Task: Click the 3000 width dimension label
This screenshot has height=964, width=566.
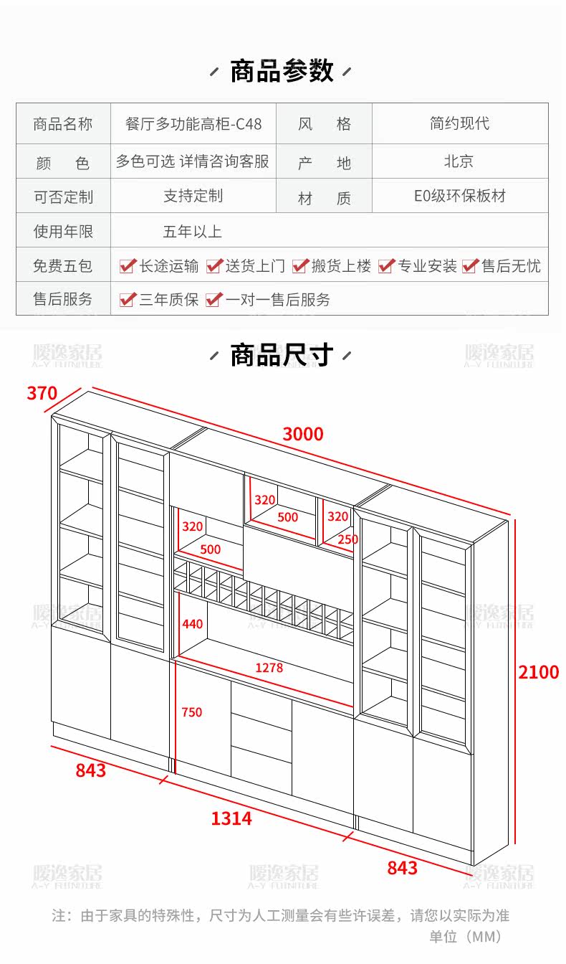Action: click(x=303, y=434)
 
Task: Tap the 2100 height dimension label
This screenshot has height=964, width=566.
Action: click(x=538, y=672)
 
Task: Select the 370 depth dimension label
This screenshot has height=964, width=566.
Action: click(x=42, y=393)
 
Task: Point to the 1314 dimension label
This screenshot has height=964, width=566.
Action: click(x=231, y=818)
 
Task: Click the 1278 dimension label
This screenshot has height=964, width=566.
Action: click(x=269, y=668)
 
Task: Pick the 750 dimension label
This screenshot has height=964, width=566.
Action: click(x=192, y=712)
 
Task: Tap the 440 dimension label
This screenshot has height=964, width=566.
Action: click(x=192, y=624)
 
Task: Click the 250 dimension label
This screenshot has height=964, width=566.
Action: click(x=347, y=539)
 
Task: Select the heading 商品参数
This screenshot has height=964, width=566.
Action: click(x=282, y=71)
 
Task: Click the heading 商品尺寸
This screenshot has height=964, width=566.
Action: click(x=282, y=355)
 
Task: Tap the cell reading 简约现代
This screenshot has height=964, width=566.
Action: click(x=459, y=123)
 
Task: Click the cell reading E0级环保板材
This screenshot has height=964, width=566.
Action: click(x=459, y=196)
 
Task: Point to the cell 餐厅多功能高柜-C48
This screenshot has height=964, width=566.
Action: click(x=193, y=124)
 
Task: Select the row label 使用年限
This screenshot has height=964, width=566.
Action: click(x=63, y=232)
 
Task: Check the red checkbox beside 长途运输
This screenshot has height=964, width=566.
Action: click(x=128, y=266)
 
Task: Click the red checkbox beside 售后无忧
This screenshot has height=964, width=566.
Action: click(x=470, y=266)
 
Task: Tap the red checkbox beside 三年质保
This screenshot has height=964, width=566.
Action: click(x=128, y=300)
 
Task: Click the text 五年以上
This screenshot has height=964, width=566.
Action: click(x=192, y=232)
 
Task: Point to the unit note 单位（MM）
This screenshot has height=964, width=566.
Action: click(x=466, y=937)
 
